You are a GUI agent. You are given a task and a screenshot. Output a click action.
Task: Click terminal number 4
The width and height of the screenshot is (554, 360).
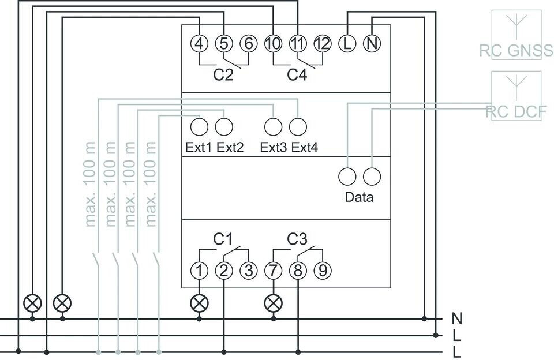point(199,43)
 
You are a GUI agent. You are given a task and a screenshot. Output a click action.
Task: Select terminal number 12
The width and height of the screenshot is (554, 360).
point(323,43)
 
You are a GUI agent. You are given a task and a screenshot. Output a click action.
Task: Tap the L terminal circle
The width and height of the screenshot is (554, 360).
point(347,43)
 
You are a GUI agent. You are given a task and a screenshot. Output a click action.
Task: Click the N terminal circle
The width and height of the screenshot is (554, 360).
point(372,43)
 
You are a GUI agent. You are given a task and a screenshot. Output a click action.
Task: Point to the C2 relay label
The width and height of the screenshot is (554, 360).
point(223,75)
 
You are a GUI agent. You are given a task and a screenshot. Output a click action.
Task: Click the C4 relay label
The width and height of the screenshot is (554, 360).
point(297,75)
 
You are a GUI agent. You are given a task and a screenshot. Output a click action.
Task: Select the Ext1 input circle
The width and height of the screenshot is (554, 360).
point(199,126)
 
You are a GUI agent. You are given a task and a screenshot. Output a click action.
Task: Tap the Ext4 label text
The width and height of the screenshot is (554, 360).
point(305,148)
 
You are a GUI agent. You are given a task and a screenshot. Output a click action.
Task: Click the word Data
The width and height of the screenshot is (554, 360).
point(359,197)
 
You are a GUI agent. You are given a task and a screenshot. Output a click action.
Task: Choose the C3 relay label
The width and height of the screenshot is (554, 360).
point(297,239)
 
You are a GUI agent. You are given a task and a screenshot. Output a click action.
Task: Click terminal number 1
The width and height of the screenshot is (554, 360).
point(199,270)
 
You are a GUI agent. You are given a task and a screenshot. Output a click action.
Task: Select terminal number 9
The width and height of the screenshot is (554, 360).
point(323,270)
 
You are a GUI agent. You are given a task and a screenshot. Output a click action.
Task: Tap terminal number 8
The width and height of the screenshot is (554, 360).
point(298,270)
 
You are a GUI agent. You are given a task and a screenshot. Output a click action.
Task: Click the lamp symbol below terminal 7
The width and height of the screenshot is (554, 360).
point(273,302)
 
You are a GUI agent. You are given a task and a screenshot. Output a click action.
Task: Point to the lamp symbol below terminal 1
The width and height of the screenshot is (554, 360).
point(199,302)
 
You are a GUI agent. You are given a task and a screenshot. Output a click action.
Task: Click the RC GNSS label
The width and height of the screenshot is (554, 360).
point(515,51)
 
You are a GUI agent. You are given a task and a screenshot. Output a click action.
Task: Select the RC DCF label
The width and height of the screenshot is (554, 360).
point(515,112)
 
